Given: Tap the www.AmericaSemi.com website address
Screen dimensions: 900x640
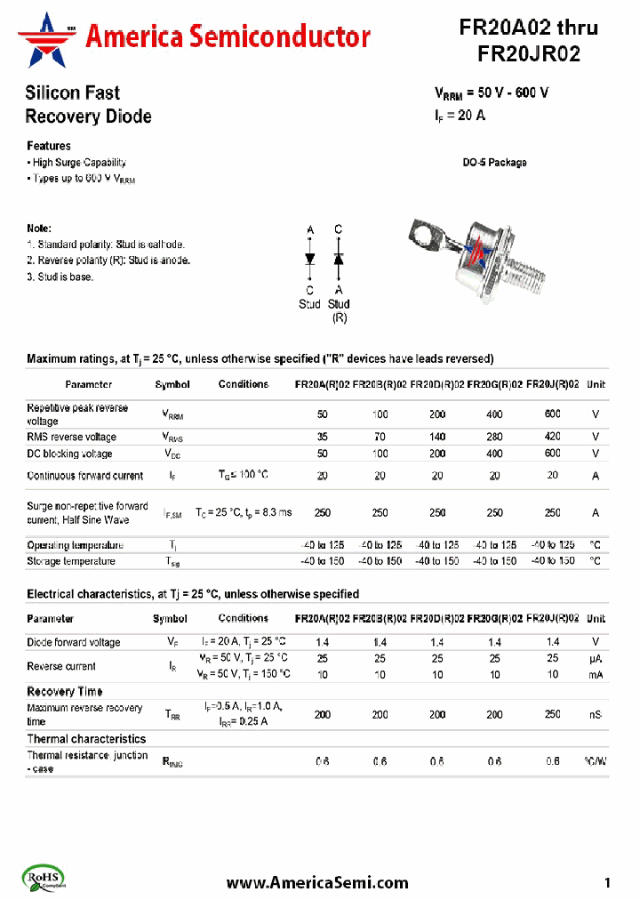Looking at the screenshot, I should pos(317,882).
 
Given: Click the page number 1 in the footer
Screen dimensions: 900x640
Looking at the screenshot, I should pos(607,882).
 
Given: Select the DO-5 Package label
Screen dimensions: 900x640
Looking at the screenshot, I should pos(494,163).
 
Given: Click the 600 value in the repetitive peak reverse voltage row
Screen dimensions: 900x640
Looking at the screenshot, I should pos(552,414).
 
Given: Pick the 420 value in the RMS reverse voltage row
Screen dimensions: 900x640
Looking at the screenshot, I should pos(552,437).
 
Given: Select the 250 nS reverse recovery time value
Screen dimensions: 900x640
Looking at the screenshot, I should pos(552,714).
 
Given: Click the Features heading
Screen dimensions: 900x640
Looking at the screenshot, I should pos(49,146).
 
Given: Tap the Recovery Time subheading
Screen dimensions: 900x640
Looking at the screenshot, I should pos(64,691).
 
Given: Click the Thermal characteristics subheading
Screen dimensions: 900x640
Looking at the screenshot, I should pos(86,738).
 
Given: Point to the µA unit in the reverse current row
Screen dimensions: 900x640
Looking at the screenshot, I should pos(596,659).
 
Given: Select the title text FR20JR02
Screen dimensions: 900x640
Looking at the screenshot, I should pos(529,54).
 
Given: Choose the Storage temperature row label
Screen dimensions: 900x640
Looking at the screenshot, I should pos(71,561).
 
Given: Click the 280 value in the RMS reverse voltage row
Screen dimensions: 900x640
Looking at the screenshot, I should pos(494,437).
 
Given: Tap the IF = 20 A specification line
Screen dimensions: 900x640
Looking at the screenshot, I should pos(460,115).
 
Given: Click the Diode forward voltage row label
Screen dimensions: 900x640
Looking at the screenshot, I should pos(74,642).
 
